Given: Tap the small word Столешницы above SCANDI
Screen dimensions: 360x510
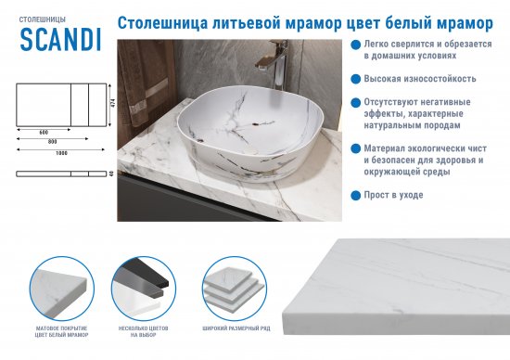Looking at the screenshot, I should (39, 16).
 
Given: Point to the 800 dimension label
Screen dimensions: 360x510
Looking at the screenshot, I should (52, 142).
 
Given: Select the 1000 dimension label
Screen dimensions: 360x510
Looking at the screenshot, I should (61, 152).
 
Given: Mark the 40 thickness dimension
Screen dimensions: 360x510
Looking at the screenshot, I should (110, 173).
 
